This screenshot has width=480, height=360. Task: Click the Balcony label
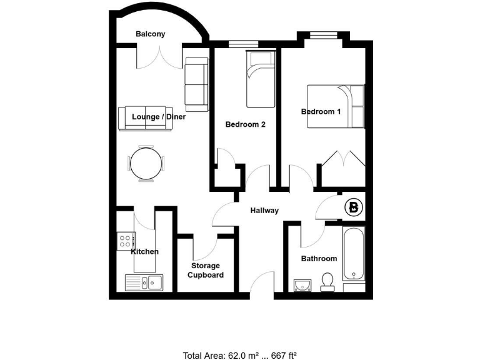tap(150, 34)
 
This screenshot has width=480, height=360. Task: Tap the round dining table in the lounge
tap(147, 164)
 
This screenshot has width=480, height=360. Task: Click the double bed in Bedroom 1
tap(336, 107)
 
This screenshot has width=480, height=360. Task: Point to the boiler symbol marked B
tap(354, 208)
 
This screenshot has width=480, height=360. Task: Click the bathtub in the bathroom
tap(354, 258)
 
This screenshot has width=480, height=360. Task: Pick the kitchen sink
tap(144, 282)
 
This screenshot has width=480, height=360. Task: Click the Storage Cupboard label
tap(206, 271)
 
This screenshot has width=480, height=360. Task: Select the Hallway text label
tap(264, 211)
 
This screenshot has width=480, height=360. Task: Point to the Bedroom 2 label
tap(245, 124)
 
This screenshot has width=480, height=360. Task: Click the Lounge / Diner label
tap(159, 117)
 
